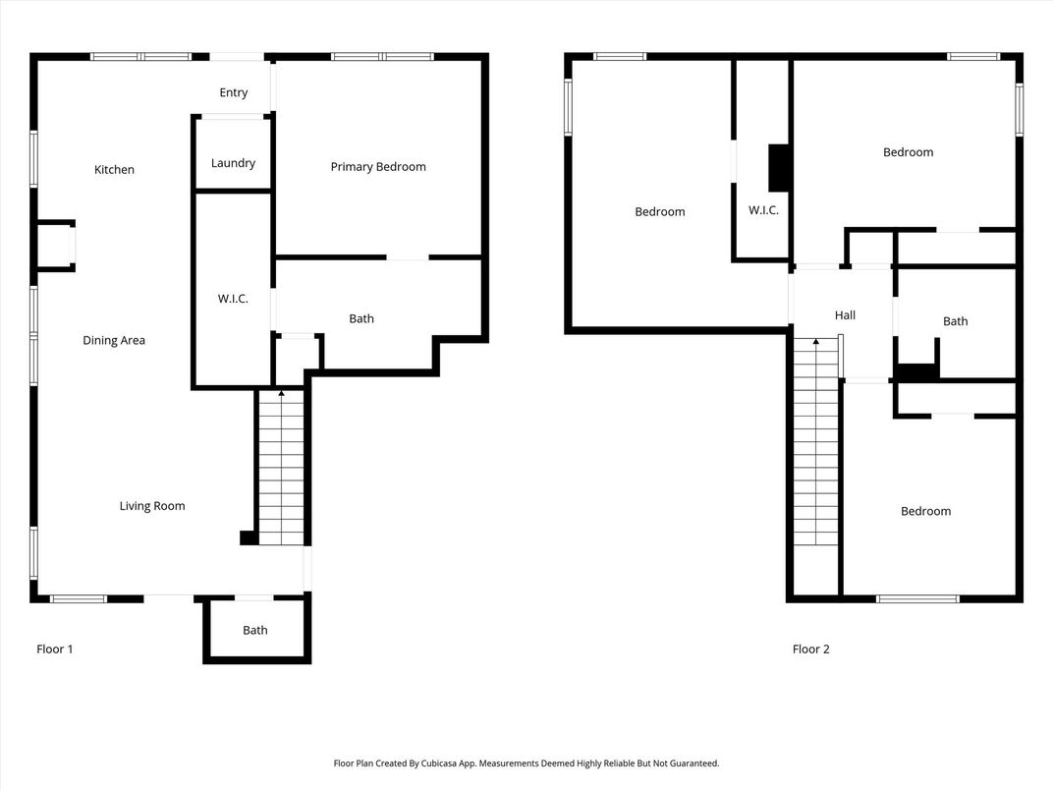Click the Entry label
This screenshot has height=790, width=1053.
234,92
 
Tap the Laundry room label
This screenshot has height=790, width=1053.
233,163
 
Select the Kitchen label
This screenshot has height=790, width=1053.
114,169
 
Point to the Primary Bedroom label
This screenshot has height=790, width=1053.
378,167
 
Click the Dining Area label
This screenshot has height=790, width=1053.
114,341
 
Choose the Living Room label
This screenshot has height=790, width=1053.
152,506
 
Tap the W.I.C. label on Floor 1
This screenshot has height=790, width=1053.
233,299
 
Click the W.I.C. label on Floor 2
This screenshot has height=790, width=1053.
763,210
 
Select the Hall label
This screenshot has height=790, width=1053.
845,315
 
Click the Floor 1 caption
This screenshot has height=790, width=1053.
54,649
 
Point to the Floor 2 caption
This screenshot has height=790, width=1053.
810,649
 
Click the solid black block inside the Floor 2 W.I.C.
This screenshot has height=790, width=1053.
778,168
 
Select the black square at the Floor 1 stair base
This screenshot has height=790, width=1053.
248,537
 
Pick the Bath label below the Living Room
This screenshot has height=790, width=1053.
255,630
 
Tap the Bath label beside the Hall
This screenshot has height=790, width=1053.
955,321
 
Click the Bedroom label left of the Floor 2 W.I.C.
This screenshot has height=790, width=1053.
660,211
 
